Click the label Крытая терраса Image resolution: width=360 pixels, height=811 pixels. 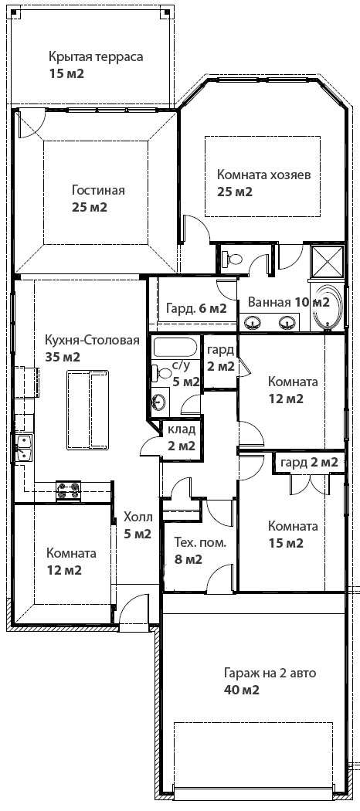[96, 56]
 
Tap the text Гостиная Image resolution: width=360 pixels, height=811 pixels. [98, 190]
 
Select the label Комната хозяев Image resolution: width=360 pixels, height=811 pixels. [263, 175]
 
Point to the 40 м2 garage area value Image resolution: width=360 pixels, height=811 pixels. [242, 690]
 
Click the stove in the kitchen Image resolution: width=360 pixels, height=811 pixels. [69, 490]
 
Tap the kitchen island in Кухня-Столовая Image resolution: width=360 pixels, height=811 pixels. [87, 409]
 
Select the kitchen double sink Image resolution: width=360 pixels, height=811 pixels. [23, 447]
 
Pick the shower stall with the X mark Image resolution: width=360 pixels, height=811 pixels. [327, 261]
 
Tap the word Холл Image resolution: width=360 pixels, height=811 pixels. [138, 517]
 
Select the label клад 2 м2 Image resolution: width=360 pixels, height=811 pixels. [181, 437]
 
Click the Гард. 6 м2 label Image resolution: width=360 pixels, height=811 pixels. [196, 309]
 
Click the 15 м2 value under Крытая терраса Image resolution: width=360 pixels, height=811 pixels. [66, 73]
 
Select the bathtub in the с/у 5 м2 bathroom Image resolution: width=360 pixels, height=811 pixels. [175, 347]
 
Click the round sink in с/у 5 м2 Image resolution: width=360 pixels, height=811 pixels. [160, 401]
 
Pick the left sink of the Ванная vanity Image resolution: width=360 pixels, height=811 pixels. [253, 324]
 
